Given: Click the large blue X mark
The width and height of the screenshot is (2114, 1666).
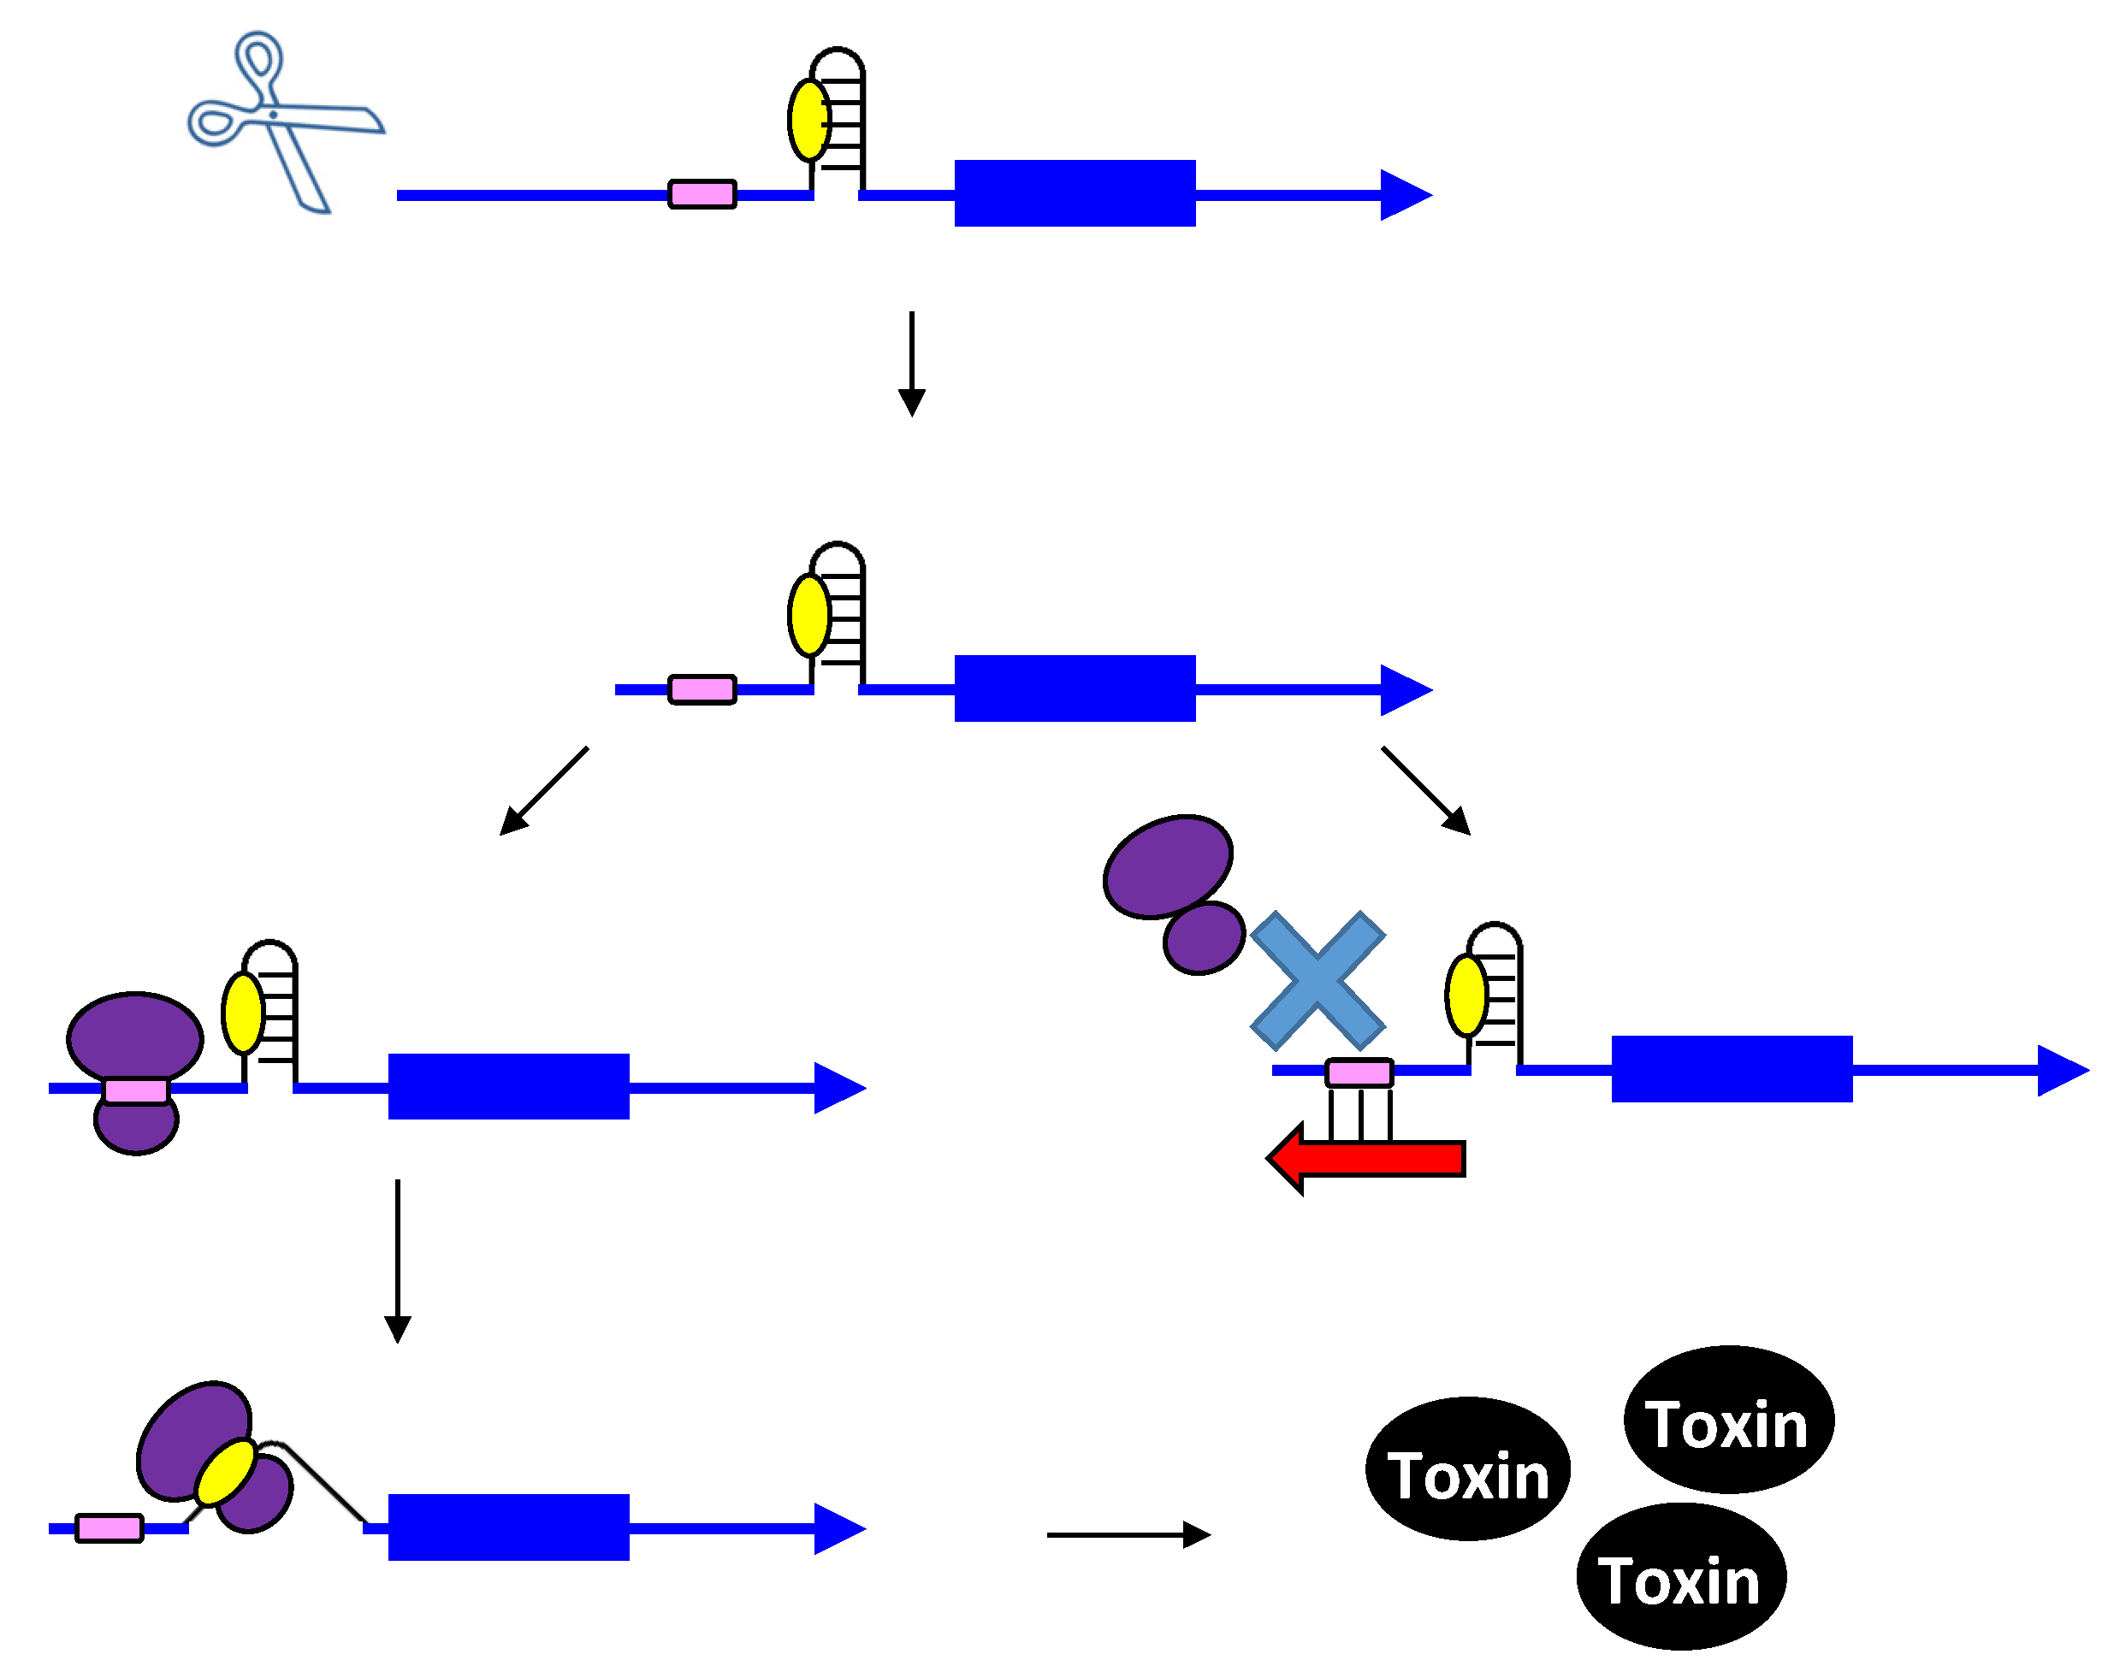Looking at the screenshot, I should point(1316,980).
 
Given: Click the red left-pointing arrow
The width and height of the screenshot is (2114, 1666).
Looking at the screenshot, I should point(1365,1158).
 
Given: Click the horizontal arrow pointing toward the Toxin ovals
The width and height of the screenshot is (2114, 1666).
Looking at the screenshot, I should point(1127,1534).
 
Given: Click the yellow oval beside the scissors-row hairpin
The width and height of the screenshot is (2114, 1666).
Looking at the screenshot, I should point(808,120).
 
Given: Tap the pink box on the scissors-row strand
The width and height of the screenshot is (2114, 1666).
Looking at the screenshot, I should point(702,194).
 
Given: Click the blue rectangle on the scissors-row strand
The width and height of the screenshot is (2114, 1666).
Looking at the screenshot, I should point(1073,193).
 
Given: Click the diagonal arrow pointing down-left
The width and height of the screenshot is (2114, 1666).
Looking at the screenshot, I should point(542,791).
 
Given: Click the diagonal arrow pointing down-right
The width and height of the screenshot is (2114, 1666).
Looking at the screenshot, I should point(1425,791).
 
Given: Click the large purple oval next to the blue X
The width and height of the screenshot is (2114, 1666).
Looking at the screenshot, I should point(1167,867).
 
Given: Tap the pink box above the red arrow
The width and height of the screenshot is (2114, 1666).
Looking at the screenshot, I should point(1358,1073).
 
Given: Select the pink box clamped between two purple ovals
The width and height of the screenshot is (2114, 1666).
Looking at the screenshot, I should point(135,1090).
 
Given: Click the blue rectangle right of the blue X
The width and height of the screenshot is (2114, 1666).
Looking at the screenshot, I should point(1731,1069).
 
